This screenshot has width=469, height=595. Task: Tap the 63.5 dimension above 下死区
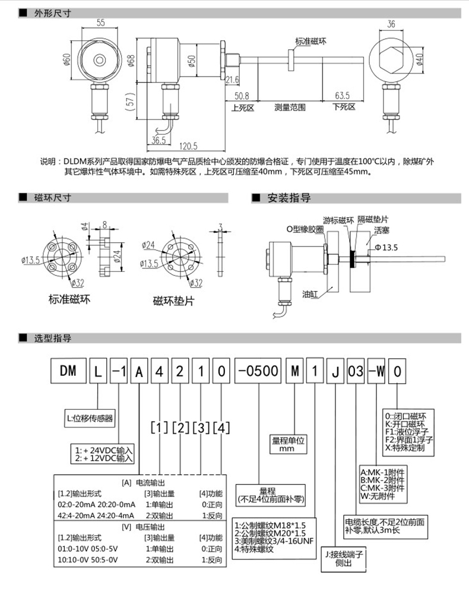(341, 95)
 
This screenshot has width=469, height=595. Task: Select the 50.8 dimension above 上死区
(242, 95)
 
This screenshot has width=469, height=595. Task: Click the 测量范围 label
(290, 107)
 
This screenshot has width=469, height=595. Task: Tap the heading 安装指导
(289, 198)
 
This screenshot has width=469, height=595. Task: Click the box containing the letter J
(335, 371)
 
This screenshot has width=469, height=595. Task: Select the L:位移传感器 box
(91, 416)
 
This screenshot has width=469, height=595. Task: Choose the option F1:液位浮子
(405, 431)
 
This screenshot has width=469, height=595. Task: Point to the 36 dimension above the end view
(391, 24)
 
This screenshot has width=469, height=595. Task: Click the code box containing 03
(356, 371)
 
